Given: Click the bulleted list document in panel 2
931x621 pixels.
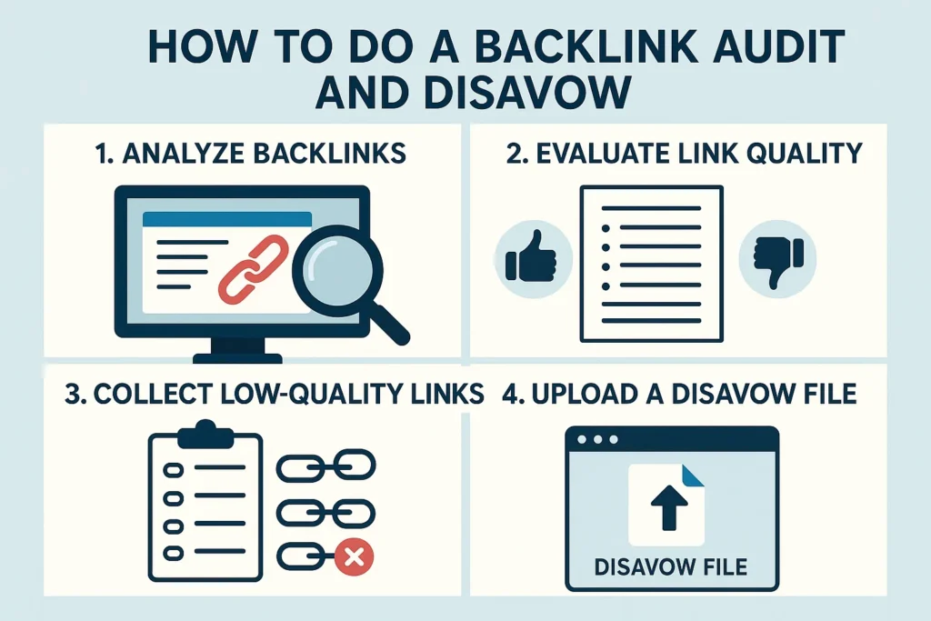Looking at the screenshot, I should (651, 264).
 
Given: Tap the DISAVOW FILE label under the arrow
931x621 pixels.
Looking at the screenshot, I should (671, 567).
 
